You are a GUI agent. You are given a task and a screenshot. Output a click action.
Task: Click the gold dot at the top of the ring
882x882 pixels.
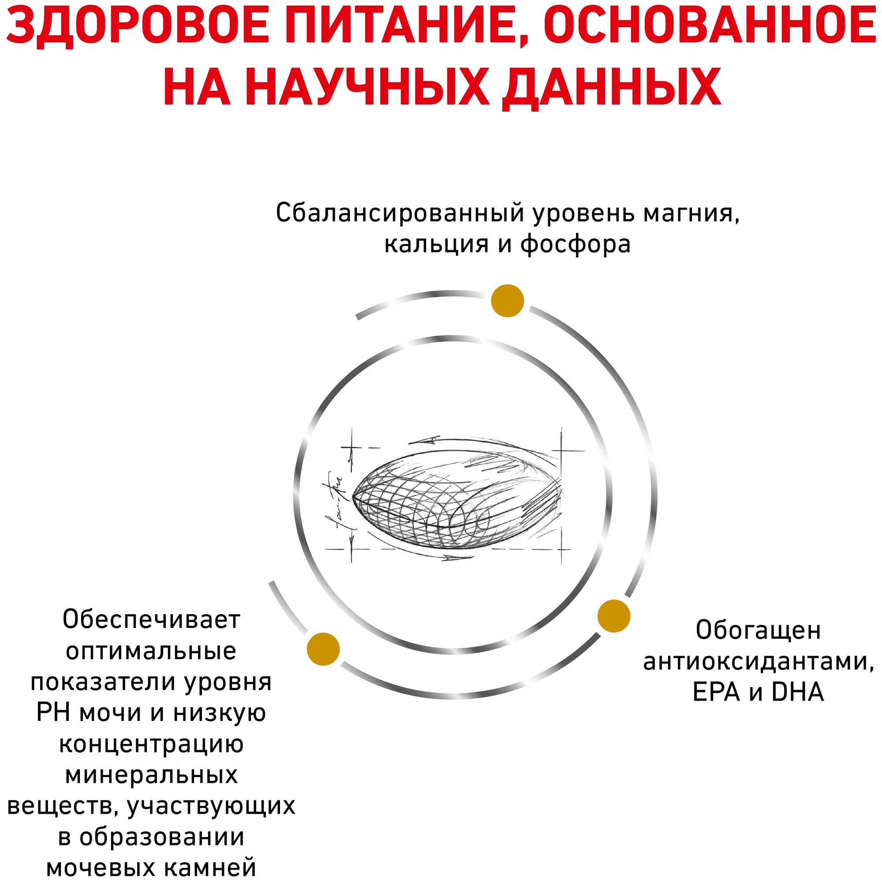click(507, 300)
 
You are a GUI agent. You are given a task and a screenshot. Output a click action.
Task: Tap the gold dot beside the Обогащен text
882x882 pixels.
click(613, 616)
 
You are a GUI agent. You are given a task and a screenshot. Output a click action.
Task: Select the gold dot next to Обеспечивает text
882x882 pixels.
click(323, 649)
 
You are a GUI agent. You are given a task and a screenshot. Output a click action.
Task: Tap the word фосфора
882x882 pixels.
click(576, 244)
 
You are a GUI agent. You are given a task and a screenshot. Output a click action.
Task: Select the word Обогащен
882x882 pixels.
click(758, 631)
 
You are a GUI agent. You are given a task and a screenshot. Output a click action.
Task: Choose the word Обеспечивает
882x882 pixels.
click(151, 620)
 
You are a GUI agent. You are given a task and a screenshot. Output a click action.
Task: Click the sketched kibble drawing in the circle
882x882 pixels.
click(456, 503)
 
